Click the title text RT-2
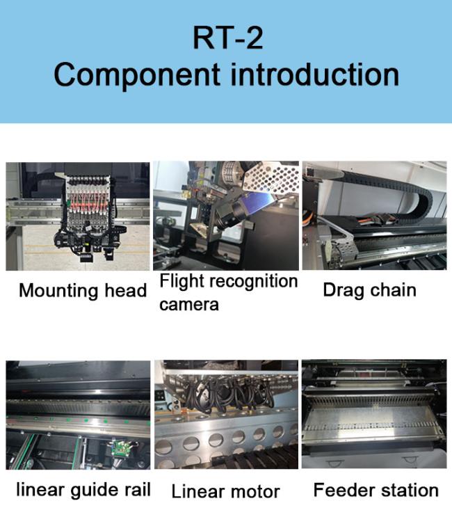pyautogui.click(x=227, y=38)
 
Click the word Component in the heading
pyautogui.click(x=137, y=75)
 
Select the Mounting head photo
pyautogui.click(x=78, y=216)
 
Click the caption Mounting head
pyautogui.click(x=83, y=291)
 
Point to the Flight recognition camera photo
pyautogui.click(x=226, y=216)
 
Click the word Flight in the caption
pyautogui.click(x=182, y=282)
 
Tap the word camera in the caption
pyautogui.click(x=189, y=305)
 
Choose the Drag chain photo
pyautogui.click(x=375, y=215)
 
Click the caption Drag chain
pyautogui.click(x=370, y=290)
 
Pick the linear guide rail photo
pyautogui.click(x=78, y=415)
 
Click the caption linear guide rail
pyautogui.click(x=83, y=490)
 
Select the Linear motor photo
pyautogui.click(x=226, y=414)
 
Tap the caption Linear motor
pyautogui.click(x=226, y=491)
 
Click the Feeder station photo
pyautogui.click(x=374, y=414)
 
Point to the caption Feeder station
pyautogui.click(x=376, y=490)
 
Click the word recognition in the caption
pyautogui.click(x=253, y=282)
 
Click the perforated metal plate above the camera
pyautogui.click(x=271, y=178)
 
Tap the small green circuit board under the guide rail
pyautogui.click(x=120, y=447)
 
